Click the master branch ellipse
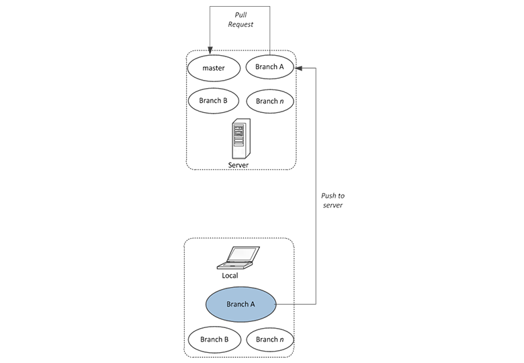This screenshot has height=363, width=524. (214, 68)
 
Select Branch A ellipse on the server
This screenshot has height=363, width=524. (269, 67)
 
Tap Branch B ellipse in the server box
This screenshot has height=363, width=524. (213, 101)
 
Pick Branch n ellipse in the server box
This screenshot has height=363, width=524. (269, 101)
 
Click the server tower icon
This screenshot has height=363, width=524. (241, 138)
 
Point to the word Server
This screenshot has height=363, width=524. (238, 165)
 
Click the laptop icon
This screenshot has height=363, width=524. (238, 257)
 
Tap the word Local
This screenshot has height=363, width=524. (230, 276)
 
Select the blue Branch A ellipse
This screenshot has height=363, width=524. (241, 304)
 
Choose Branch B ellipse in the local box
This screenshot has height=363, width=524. (214, 339)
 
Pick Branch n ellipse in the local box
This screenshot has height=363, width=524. (270, 339)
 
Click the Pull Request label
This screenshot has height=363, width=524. (241, 19)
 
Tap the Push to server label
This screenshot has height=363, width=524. (333, 200)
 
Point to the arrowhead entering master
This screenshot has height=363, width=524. (210, 50)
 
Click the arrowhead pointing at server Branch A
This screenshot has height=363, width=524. (298, 68)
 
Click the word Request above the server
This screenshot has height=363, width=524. (241, 24)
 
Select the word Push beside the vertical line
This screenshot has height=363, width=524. (328, 196)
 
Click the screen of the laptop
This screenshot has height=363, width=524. (243, 254)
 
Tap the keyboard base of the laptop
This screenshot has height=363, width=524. (234, 266)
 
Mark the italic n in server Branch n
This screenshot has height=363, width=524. (281, 102)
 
